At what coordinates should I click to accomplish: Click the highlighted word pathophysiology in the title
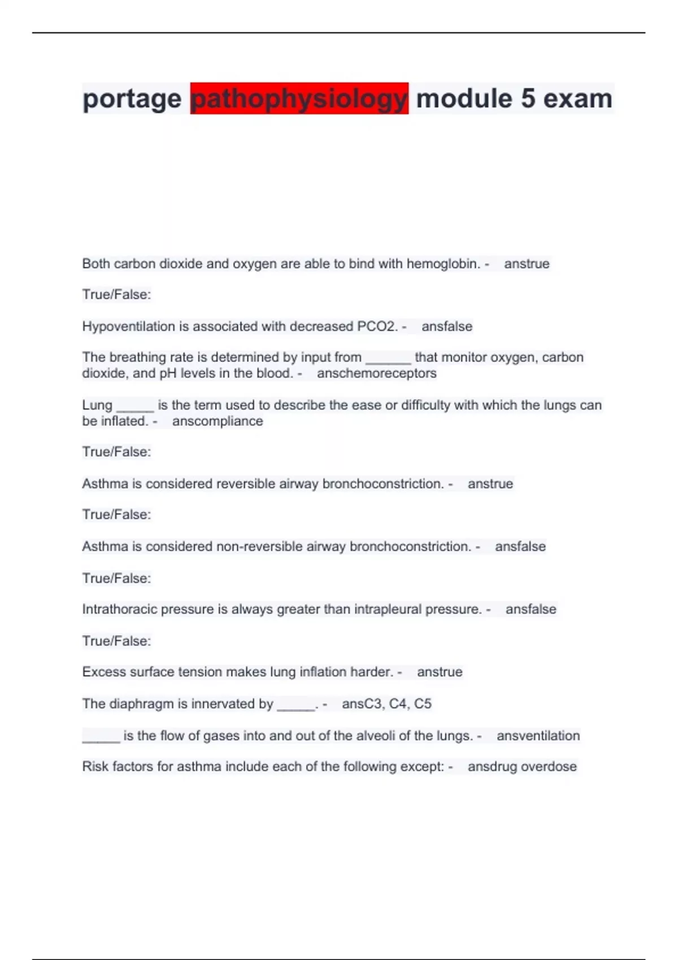click(x=299, y=99)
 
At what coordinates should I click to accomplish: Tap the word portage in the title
click(x=132, y=99)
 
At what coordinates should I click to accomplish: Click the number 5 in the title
click(x=528, y=99)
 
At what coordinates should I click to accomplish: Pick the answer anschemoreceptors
click(x=376, y=373)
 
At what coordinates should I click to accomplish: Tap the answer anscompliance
click(x=218, y=421)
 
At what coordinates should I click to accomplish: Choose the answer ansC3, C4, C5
click(x=386, y=704)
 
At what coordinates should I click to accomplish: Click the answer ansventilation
click(x=538, y=736)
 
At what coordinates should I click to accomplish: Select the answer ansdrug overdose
click(x=522, y=767)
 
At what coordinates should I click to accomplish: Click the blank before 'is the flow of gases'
click(x=101, y=737)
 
